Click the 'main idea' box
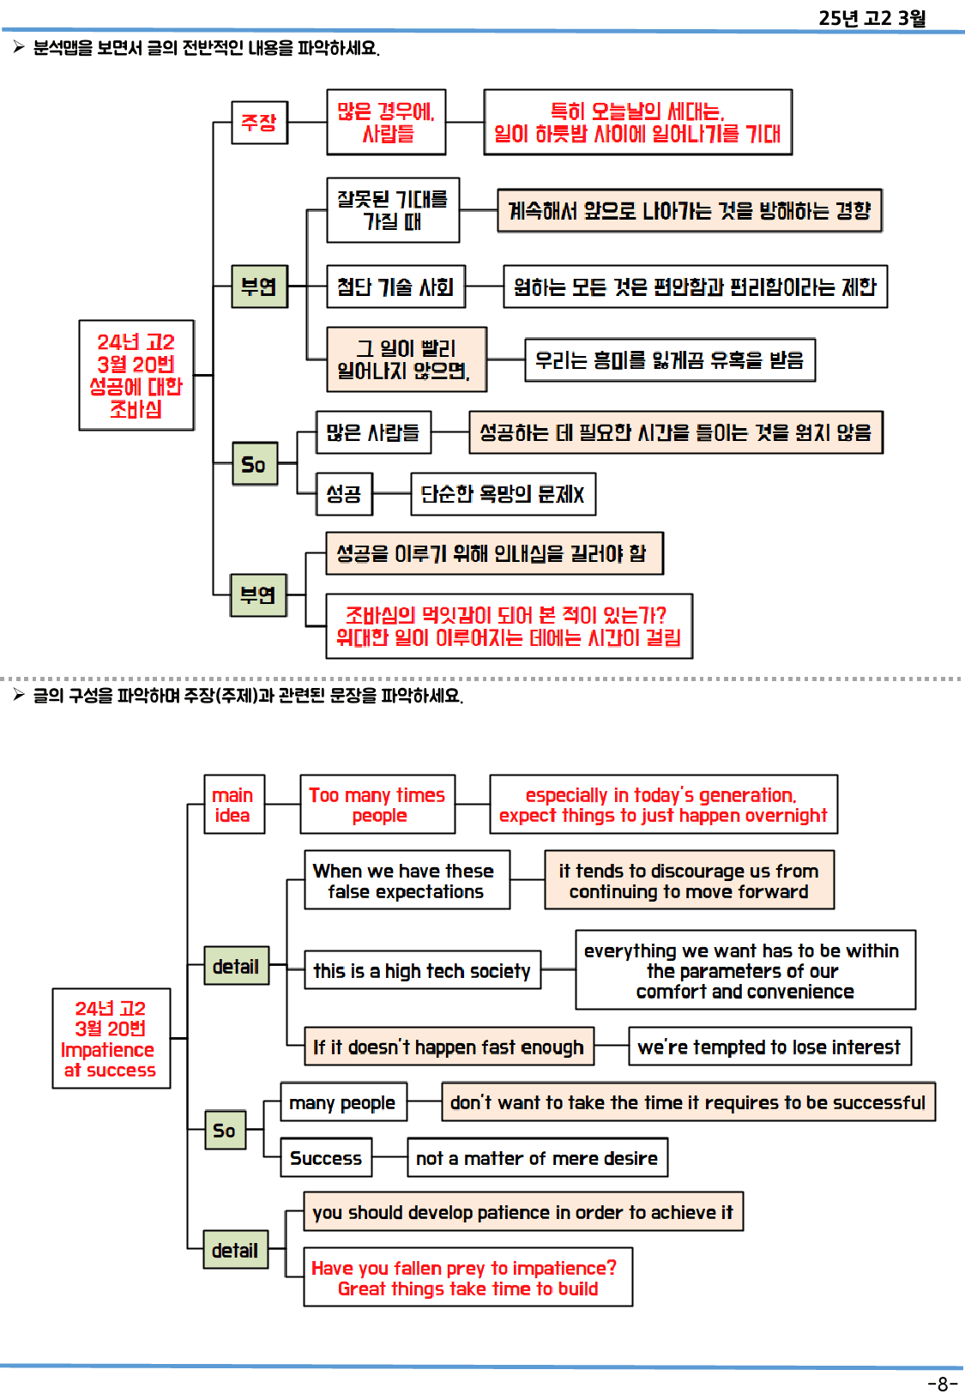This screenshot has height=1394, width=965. pyautogui.click(x=233, y=805)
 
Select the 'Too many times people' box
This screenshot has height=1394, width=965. pyautogui.click(x=377, y=805)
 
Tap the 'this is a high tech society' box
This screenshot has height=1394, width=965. pyautogui.click(x=422, y=970)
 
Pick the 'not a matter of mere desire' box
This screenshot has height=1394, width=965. pyautogui.click(x=537, y=1158)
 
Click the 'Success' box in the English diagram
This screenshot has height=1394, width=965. pyautogui.click(x=326, y=1158)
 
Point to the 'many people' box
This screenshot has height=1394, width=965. pyautogui.click(x=343, y=1102)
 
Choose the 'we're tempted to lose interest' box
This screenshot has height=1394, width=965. pyautogui.click(x=769, y=1047)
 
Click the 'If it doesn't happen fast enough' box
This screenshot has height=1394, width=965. pyautogui.click(x=449, y=1047)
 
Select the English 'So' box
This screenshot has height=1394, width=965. pyautogui.click(x=225, y=1130)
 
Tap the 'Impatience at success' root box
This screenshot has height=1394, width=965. pyautogui.click(x=111, y=1039)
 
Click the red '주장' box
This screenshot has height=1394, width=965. pyautogui.click(x=259, y=122)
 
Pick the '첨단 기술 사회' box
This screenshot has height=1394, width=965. pyautogui.click(x=395, y=287)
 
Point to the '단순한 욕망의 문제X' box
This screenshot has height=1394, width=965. pyautogui.click(x=503, y=494)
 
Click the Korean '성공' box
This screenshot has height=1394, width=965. pyautogui.click(x=344, y=494)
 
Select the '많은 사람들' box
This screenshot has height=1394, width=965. pyautogui.click(x=373, y=432)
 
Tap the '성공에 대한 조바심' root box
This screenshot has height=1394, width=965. pyautogui.click(x=136, y=375)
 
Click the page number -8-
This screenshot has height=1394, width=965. pyautogui.click(x=942, y=1384)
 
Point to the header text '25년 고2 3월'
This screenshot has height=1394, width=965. pyautogui.click(x=872, y=18)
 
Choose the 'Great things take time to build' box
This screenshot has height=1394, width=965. pyautogui.click(x=468, y=1278)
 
